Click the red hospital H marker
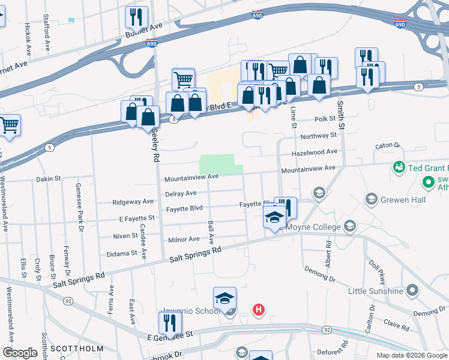[258, 310]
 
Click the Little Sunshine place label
[376, 291]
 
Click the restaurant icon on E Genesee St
[170, 323]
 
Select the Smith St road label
[340, 115]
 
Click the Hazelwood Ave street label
[315, 153]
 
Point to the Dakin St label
[50, 178]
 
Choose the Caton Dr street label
[387, 145]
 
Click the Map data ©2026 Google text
[412, 355]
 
